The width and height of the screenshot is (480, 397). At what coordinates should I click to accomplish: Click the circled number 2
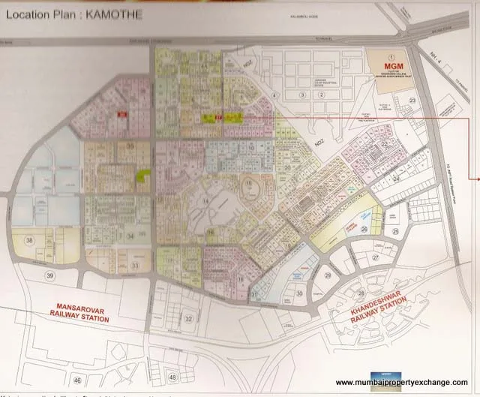322,95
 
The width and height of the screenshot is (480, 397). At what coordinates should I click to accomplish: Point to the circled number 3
301,95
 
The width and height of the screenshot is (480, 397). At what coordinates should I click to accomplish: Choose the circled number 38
29,240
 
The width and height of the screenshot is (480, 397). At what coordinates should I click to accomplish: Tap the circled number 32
189,319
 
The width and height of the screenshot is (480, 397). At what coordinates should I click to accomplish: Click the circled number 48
173,376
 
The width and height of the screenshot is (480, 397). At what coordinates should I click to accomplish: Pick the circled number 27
376,257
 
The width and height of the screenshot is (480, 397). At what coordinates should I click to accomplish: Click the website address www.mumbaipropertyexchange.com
405,380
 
